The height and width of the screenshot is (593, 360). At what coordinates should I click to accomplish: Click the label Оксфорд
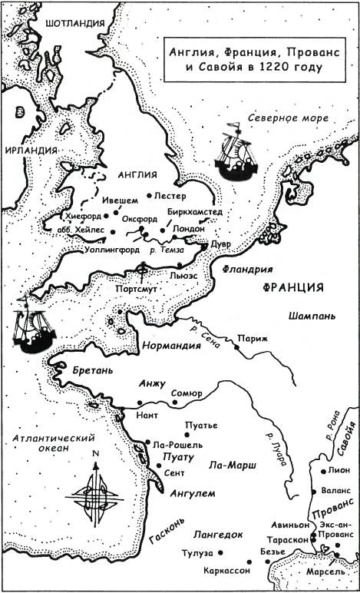tap(138, 217)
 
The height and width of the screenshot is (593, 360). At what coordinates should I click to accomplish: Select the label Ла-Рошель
tap(178, 444)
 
